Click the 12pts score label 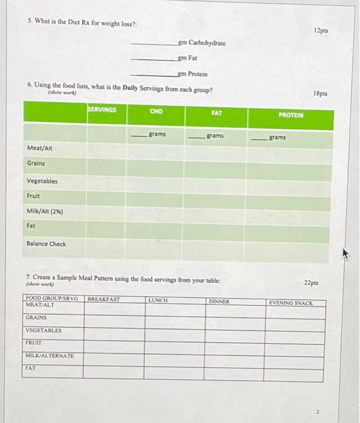point(321,30)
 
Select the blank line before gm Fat point(153,60)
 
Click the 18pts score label point(320,94)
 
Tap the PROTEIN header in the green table point(291,114)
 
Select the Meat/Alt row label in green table point(39,148)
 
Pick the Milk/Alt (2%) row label point(45,211)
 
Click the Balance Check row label point(47,244)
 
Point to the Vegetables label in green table point(42,181)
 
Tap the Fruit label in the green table point(33,196)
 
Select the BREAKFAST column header point(104,299)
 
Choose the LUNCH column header point(157,300)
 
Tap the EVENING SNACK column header point(291,303)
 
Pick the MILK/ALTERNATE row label point(50,355)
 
